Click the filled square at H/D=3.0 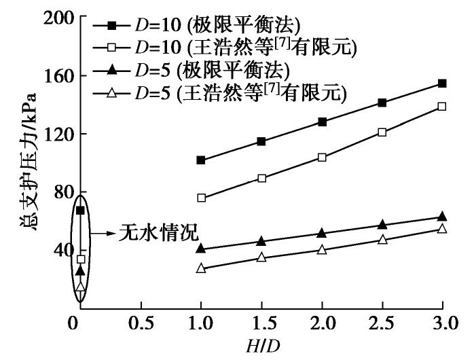(x=442, y=84)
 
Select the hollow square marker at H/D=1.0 (x=201, y=198)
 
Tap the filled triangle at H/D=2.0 (x=322, y=233)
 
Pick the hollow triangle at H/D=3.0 (x=442, y=229)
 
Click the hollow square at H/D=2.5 (x=382, y=132)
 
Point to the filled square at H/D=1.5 (x=261, y=141)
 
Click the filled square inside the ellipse (x=80, y=211)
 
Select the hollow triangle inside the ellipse (x=80, y=287)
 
